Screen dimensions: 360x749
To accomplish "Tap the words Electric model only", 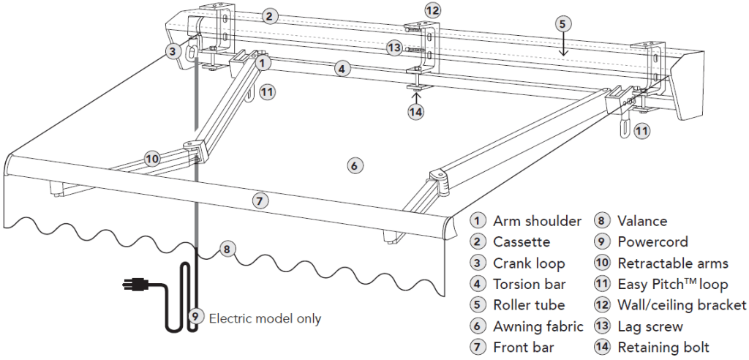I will coord(265,318).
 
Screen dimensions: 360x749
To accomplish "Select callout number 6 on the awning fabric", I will coord(353,166).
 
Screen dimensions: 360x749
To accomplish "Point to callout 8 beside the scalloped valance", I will coord(227,249).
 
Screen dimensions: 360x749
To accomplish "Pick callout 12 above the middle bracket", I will coord(433,10).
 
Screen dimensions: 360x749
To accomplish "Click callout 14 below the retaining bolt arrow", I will coord(416,112).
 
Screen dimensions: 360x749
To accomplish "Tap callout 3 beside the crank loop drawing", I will coord(173,51).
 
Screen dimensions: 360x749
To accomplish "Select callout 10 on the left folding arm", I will coord(152,157).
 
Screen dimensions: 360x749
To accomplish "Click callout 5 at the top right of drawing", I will coord(562,24).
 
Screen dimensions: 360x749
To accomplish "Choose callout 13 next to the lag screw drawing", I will coord(395,48).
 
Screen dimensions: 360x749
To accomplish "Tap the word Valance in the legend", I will coord(642,220).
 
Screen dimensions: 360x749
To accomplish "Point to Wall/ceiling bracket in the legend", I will coord(682,305).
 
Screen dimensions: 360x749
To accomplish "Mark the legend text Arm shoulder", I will coord(537,220).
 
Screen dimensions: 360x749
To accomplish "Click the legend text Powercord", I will coord(652,241).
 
